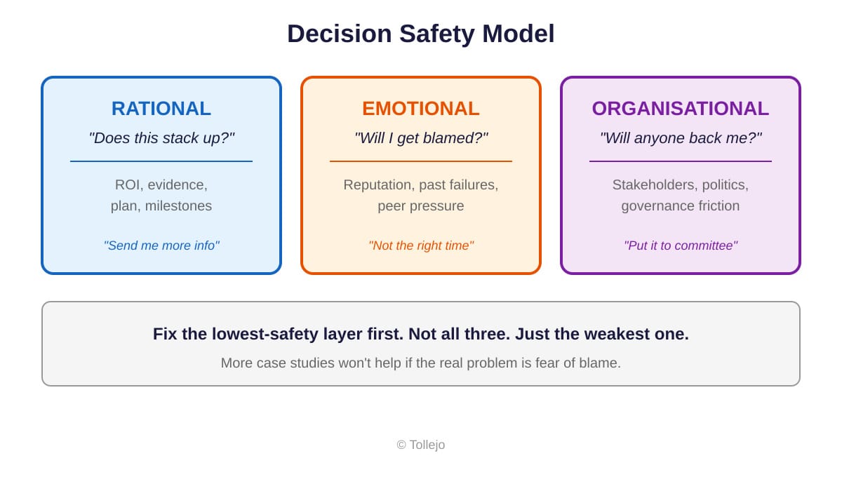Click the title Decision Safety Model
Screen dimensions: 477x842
point(420,34)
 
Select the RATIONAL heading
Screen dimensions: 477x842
point(161,109)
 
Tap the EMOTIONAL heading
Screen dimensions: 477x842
point(421,109)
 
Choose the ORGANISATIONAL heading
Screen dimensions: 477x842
point(680,109)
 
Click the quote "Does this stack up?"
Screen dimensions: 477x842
point(161,138)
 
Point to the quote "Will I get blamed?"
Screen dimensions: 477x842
point(421,138)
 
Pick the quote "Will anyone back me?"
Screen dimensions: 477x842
point(680,138)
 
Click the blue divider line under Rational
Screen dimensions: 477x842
point(161,161)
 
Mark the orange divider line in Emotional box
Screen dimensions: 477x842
point(421,161)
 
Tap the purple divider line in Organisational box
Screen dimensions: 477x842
point(680,161)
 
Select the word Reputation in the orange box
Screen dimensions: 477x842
point(376,185)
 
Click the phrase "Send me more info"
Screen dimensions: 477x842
point(161,246)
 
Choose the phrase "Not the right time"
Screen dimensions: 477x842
point(421,246)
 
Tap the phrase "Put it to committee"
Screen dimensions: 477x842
point(680,246)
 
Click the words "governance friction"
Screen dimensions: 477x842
point(680,206)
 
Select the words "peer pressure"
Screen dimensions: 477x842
point(421,206)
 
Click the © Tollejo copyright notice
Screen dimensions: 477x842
point(421,445)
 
